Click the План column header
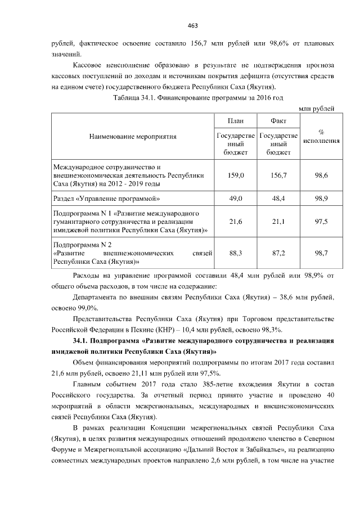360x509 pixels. pos(235,121)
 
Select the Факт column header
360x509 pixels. pos(278,121)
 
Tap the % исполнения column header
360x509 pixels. pos(321,136)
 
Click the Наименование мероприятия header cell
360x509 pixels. pos(133,136)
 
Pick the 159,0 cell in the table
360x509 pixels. pos(236,175)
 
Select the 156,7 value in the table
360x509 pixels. pos(278,175)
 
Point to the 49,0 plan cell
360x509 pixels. pos(236,199)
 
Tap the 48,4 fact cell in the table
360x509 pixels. pos(278,199)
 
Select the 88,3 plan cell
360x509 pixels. pos(236,254)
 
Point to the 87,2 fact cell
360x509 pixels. pos(278,254)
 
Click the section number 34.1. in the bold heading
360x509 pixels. pos(83,341)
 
